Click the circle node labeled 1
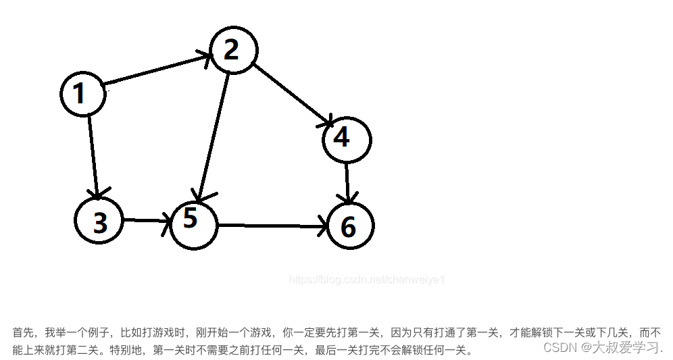click(83, 94)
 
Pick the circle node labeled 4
click(347, 138)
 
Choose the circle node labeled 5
click(194, 222)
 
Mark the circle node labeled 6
click(350, 226)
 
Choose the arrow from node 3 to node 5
click(145, 220)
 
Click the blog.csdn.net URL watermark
click(367, 279)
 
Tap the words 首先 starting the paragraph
click(21, 333)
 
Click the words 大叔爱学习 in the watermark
click(625, 347)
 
